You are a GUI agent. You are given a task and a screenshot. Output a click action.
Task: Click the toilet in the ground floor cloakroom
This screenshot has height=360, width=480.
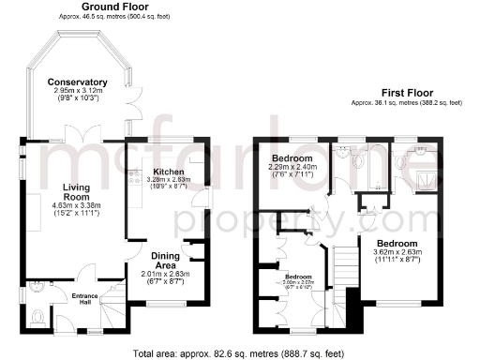(37, 316)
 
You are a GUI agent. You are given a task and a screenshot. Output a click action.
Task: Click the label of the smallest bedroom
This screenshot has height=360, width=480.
(298, 277)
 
